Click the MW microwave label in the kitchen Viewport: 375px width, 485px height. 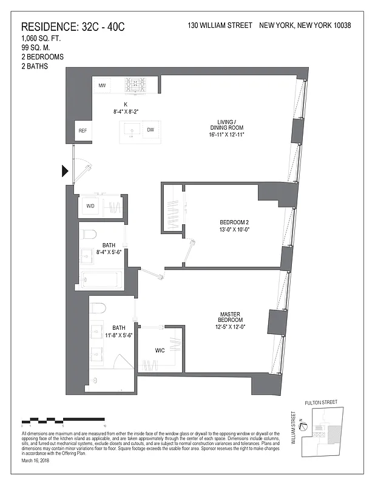(103, 86)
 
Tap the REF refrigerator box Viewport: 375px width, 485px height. (82, 130)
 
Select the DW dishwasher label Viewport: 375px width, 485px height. (150, 130)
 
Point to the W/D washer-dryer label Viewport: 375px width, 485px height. (91, 206)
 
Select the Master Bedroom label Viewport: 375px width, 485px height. (231, 320)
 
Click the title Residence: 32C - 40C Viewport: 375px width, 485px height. (73, 27)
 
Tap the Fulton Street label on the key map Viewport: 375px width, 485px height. (322, 402)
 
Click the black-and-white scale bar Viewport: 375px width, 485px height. (64, 420)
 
